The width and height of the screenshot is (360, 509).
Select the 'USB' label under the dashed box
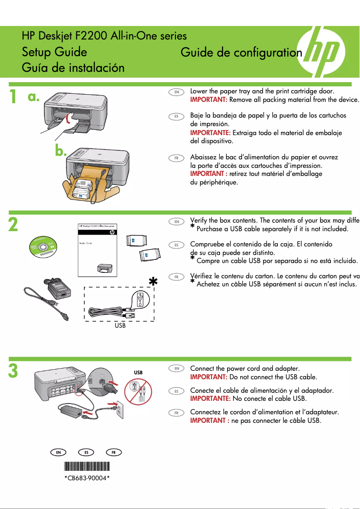(120, 326)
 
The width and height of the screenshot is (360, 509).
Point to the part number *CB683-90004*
(87, 478)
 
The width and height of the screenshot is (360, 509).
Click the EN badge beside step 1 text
(177, 92)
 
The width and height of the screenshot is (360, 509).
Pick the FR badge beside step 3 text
(177, 412)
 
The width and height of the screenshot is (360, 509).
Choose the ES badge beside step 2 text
(177, 245)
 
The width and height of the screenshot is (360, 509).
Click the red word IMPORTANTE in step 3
(211, 398)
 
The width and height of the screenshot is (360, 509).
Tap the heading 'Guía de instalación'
(73, 68)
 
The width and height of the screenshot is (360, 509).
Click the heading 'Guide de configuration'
(241, 53)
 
